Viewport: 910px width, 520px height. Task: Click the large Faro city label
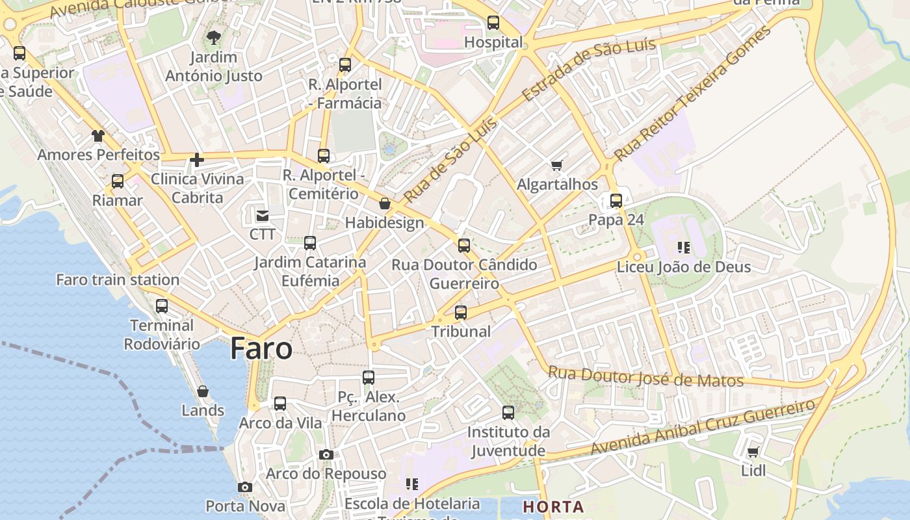coord(261,349)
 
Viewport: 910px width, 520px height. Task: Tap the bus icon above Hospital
coord(493,23)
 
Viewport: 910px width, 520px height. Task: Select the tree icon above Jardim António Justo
coord(213,38)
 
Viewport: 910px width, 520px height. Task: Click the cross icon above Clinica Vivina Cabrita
coord(197,160)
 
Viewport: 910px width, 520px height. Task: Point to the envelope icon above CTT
coord(263,215)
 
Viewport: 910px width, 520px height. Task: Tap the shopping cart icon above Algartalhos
coord(556,166)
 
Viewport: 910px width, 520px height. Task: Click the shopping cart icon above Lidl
coord(753,452)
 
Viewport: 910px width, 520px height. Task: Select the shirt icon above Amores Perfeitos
coord(98,136)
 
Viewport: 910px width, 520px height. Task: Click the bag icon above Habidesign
coord(385,204)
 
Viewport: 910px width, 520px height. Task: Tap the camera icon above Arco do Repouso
coord(326,455)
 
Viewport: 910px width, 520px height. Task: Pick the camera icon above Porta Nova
coord(245,487)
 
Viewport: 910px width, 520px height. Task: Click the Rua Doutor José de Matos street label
coord(645,377)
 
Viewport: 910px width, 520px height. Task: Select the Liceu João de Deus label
coord(684,267)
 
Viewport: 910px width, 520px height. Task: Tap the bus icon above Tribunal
coord(461,313)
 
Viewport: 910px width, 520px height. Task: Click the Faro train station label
coord(118,280)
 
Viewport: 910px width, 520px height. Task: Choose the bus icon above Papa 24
coord(616,201)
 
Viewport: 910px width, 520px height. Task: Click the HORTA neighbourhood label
coord(553,507)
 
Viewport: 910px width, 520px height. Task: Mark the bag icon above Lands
coord(203,391)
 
